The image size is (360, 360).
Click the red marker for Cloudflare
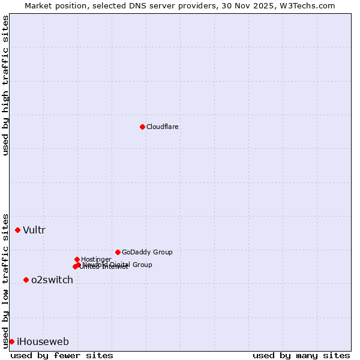(142, 127)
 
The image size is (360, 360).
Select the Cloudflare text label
(163, 127)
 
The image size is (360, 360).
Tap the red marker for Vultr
(18, 230)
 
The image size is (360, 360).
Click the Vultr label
(34, 230)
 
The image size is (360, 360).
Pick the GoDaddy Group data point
(118, 252)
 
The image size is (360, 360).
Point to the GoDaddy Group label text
(147, 252)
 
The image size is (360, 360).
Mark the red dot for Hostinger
(77, 259)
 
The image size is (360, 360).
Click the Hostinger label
(96, 259)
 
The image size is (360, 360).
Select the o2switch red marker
(26, 280)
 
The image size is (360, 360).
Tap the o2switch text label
(52, 280)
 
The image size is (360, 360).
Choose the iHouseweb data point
(11, 341)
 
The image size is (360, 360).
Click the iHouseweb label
(43, 342)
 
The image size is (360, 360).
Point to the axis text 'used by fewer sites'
(62, 355)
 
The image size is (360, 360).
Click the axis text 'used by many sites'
(301, 355)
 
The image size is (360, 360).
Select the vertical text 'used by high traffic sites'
(5, 85)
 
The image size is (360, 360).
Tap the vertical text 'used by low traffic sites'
(5, 280)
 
